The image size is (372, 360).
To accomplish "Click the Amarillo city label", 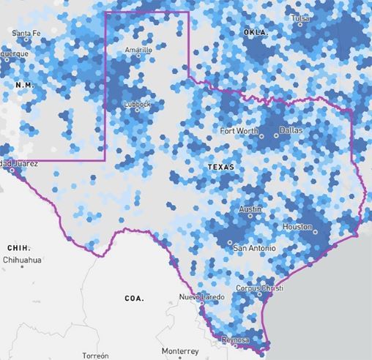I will coord(138,50).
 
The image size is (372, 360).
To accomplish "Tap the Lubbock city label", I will coord(137,104).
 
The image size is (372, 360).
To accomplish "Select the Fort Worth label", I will coord(239,131).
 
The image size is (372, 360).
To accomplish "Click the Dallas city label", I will coord(291,130).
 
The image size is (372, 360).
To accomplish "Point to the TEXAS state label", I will coord(221,167).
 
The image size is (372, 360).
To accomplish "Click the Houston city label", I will coord(297,227).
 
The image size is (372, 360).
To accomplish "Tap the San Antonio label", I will coord(255,249).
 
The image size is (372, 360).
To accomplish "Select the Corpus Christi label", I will coord(261,288).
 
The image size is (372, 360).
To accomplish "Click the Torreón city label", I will coord(96,355).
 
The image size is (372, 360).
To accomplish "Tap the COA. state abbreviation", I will coord(134,299).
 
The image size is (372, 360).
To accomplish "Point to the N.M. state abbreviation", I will coord(25,86).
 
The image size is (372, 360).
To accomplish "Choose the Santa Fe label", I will coord(26,33).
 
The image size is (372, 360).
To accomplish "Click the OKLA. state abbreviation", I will coord(255,33).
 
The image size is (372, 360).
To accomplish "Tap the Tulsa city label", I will coord(300,18).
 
